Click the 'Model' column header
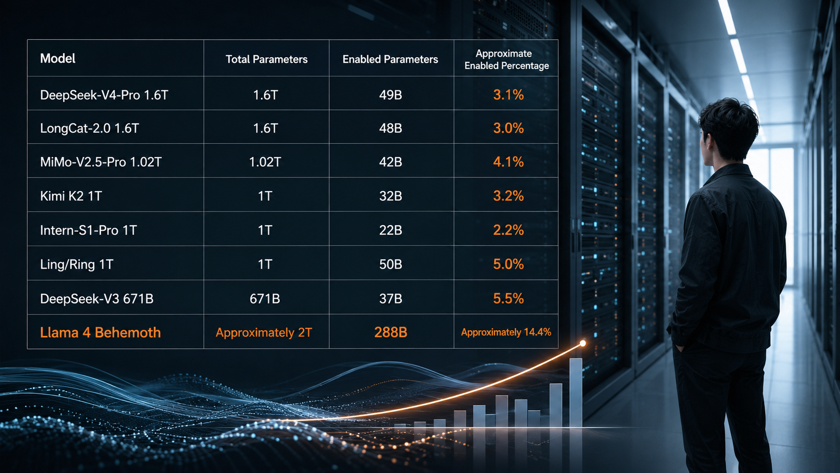[57, 58]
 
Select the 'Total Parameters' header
[266, 59]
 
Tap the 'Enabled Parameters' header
[390, 59]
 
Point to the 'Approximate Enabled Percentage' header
[506, 60]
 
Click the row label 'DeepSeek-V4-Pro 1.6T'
[104, 95]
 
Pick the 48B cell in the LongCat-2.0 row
[390, 128]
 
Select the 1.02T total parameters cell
[265, 162]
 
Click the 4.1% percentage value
[508, 162]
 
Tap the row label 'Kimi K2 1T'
[71, 196]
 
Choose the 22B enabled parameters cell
[390, 230]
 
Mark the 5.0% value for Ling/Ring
[508, 264]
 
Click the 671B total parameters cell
[265, 299]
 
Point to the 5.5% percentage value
[508, 299]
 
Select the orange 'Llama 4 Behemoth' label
[100, 333]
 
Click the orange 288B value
[390, 332]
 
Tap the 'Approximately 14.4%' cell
[506, 332]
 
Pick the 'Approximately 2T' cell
[264, 333]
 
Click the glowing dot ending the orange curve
[583, 343]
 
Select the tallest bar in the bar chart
[576, 393]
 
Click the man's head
[727, 129]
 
